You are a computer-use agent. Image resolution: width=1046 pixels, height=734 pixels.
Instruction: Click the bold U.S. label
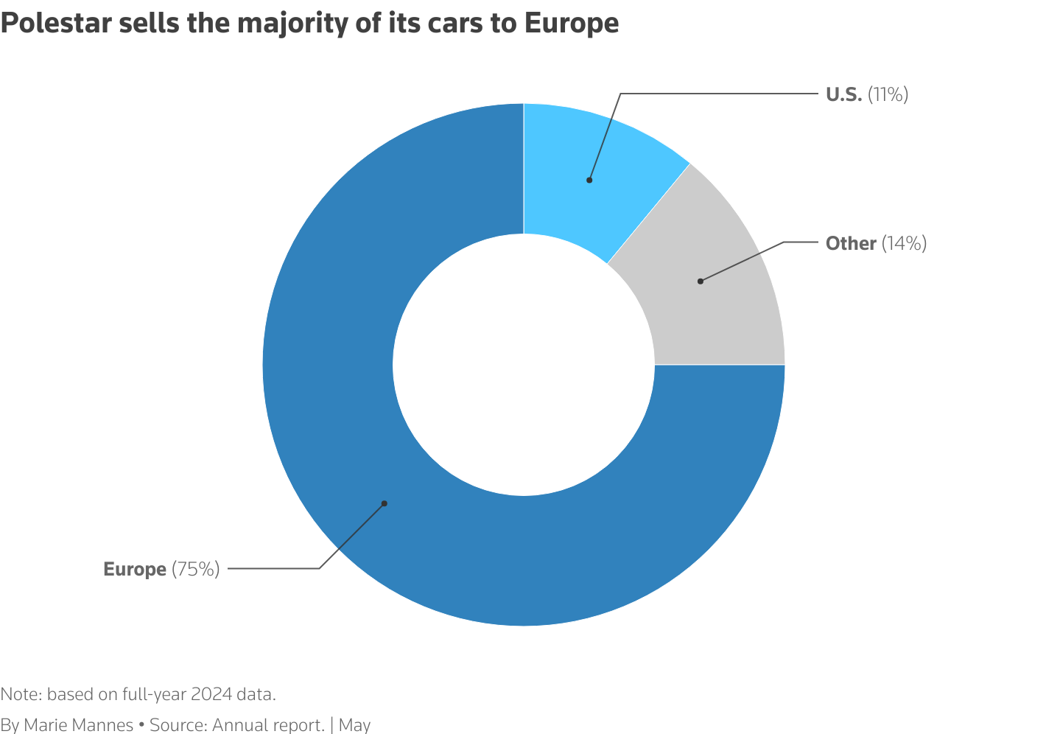[x=843, y=94]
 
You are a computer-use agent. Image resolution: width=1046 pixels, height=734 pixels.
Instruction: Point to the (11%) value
[x=888, y=94]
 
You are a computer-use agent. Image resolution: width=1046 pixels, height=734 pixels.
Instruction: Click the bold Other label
[x=851, y=243]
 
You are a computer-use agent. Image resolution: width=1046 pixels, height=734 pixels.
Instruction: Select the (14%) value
[x=904, y=243]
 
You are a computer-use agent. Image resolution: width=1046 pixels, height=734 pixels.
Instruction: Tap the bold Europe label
[x=135, y=569]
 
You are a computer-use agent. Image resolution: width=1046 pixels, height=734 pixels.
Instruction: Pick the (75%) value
[x=196, y=569]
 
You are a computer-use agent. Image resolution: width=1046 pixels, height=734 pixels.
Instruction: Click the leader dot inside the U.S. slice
[x=589, y=180]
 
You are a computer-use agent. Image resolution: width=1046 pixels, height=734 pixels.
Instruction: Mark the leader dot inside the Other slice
[x=700, y=281]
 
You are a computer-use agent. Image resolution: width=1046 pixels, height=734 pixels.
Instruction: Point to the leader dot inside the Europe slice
[x=384, y=503]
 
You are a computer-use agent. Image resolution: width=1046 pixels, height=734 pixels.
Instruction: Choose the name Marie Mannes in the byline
[x=78, y=725]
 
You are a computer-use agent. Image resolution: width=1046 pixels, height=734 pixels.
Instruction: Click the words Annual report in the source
[x=268, y=725]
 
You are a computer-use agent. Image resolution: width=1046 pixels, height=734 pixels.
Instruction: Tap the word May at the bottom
[x=354, y=725]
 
